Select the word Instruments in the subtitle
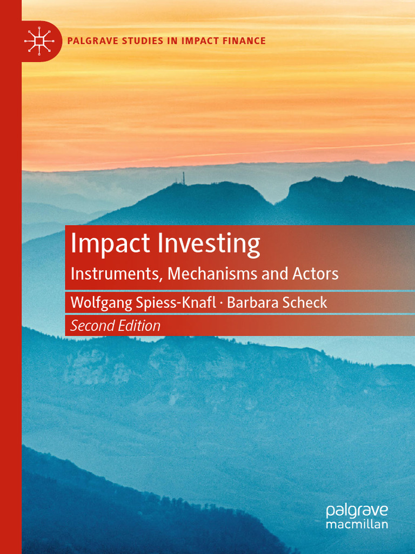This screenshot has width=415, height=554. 114,274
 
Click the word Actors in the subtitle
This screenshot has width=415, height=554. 316,274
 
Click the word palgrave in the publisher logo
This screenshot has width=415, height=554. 357,511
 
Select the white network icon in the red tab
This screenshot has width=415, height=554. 39,41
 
